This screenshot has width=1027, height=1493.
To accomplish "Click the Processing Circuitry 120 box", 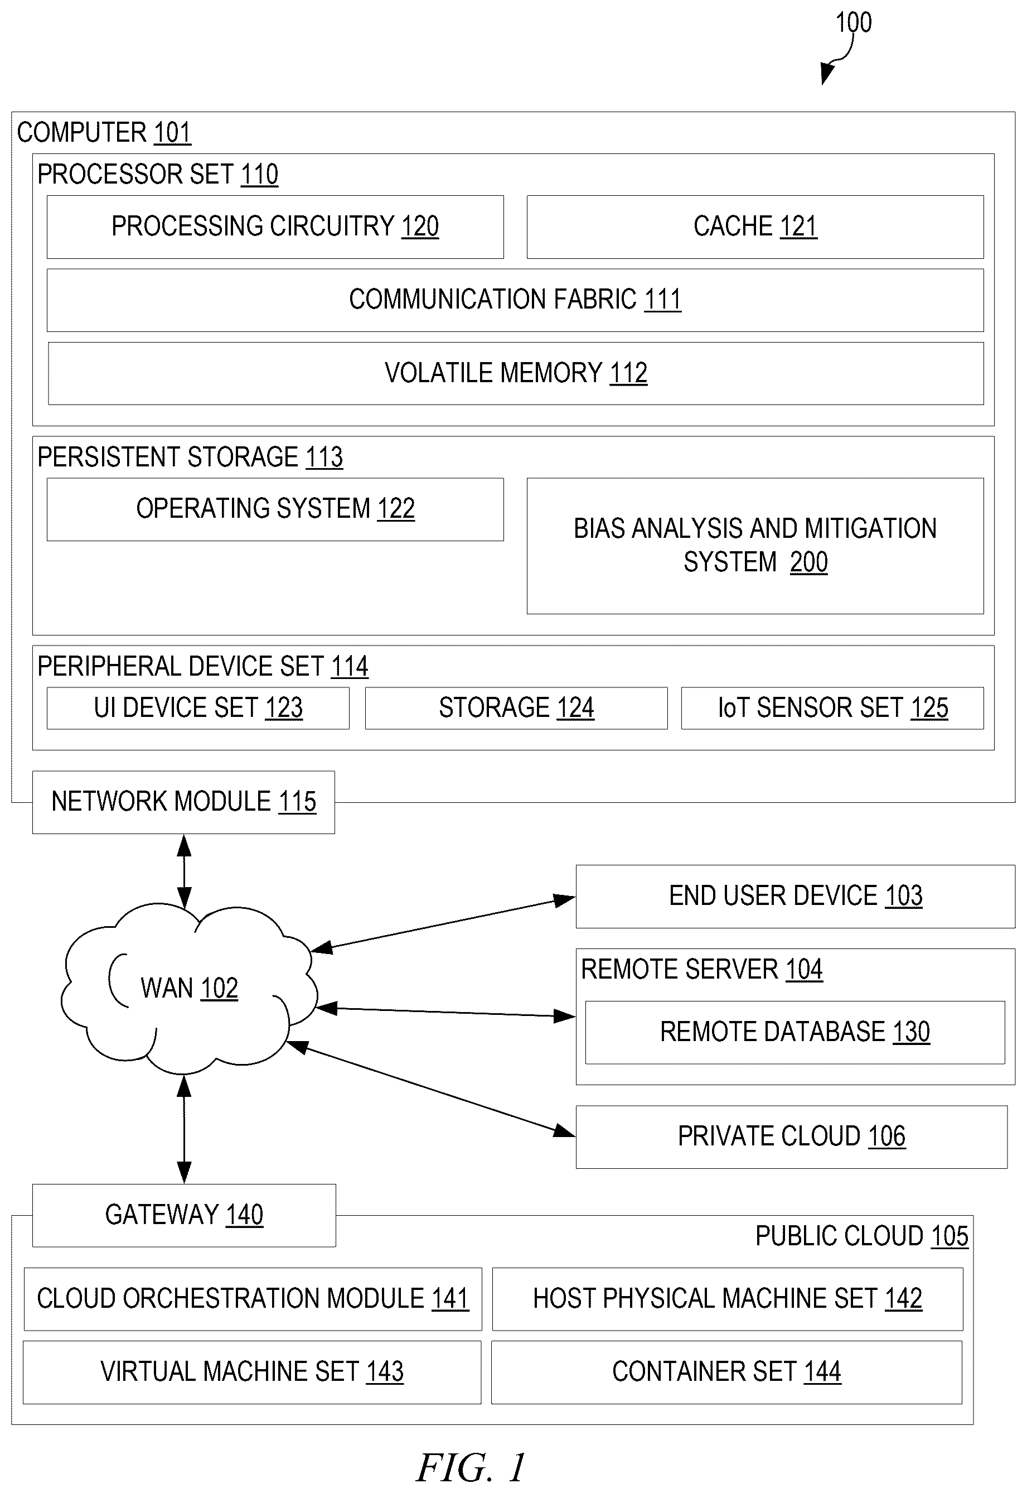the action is pyautogui.click(x=275, y=227).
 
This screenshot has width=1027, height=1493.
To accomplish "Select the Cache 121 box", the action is pyautogui.click(x=755, y=227).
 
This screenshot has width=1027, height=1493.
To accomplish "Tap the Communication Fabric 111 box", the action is pyautogui.click(x=515, y=300).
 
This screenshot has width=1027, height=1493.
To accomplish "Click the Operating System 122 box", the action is pyautogui.click(x=275, y=509).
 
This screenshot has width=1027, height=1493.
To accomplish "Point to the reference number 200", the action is pyautogui.click(x=808, y=562).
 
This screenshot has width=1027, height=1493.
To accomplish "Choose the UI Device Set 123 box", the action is pyautogui.click(x=198, y=708).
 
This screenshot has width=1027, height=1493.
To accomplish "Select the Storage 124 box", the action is pyautogui.click(x=516, y=708).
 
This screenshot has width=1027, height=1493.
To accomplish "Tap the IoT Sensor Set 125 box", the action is pyautogui.click(x=832, y=708).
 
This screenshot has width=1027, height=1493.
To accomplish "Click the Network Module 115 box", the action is pyautogui.click(x=183, y=802).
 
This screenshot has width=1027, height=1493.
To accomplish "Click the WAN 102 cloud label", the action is pyautogui.click(x=189, y=988).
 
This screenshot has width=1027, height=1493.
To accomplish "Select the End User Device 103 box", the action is pyautogui.click(x=796, y=896).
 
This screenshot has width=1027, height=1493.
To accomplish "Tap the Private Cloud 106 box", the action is pyautogui.click(x=792, y=1137).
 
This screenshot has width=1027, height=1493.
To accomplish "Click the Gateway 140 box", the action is pyautogui.click(x=184, y=1216).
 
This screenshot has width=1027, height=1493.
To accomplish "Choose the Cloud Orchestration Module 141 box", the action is pyautogui.click(x=253, y=1299).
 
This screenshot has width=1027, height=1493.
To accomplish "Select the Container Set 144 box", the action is pyautogui.click(x=726, y=1372).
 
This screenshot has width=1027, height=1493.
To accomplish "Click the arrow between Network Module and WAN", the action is pyautogui.click(x=184, y=871).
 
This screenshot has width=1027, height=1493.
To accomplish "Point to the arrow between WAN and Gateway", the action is pyautogui.click(x=184, y=1129).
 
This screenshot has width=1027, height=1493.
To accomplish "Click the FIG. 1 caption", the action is pyautogui.click(x=471, y=1467).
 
